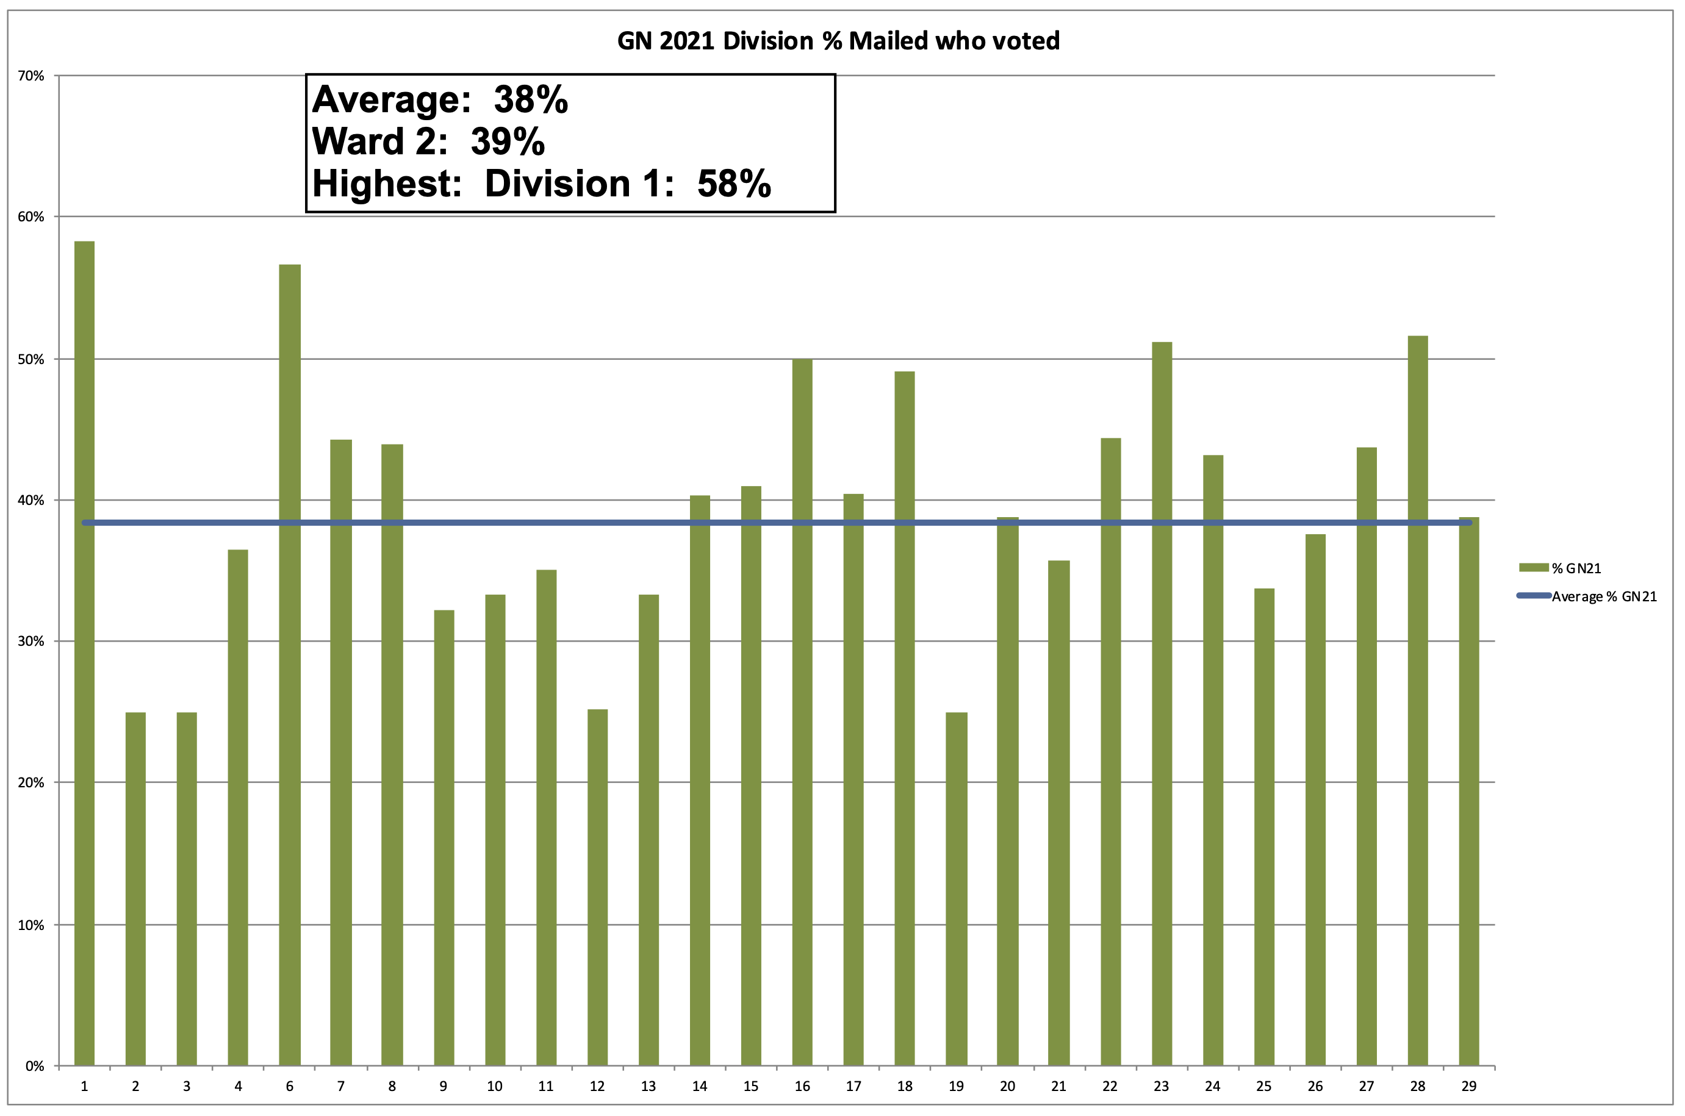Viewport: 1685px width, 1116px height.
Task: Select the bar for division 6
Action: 290,665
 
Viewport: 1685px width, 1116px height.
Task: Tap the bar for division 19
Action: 956,889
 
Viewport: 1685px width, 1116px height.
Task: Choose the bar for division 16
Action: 802,712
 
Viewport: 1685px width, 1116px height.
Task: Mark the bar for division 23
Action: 1162,704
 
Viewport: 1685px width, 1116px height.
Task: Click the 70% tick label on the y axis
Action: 31,76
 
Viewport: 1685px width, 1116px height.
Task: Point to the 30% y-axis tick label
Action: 31,642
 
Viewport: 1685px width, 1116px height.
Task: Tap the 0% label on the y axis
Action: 34,1066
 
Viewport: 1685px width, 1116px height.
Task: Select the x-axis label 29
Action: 1468,1087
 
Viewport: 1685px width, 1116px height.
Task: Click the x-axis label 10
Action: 495,1087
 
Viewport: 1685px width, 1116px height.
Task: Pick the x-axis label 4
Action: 238,1087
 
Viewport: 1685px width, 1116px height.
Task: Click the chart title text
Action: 838,41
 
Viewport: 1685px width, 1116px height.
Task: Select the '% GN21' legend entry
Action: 1576,568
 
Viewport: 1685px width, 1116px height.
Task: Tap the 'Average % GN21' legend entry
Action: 1604,596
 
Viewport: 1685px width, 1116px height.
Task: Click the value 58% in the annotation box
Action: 734,184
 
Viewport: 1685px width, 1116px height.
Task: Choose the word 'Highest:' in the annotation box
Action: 387,184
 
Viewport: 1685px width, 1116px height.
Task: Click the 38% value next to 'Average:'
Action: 531,99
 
